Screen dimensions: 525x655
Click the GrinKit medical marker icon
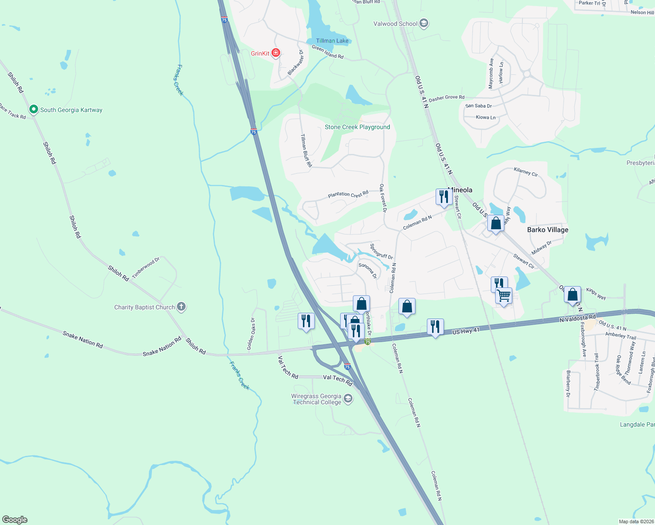276,53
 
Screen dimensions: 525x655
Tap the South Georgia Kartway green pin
33,109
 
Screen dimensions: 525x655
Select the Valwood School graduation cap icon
423,24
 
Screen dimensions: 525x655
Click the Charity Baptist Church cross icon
182,307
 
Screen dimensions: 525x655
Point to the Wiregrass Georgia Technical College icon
348,399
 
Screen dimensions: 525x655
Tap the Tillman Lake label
332,41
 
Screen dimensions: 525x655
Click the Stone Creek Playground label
357,127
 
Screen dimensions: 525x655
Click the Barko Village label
547,230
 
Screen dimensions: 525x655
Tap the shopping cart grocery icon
504,296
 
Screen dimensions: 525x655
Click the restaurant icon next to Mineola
444,197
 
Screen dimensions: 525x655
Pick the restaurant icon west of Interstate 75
306,321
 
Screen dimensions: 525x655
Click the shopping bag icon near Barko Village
496,224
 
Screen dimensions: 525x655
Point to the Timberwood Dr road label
146,268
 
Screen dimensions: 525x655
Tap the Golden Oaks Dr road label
251,333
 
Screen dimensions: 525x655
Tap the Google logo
15,520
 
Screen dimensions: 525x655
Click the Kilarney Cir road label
525,171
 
